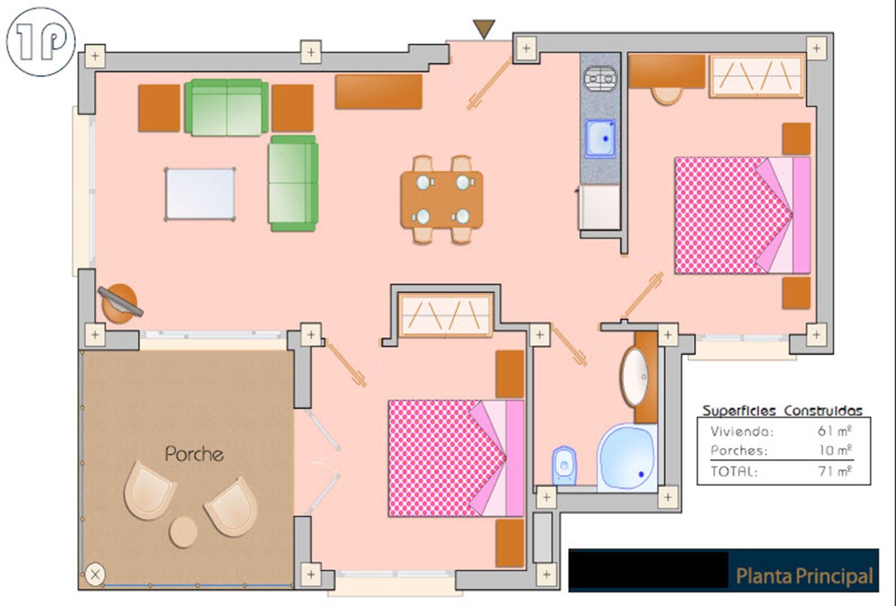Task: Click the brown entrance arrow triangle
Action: click(484, 29)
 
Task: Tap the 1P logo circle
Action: click(41, 41)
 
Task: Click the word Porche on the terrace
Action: click(194, 454)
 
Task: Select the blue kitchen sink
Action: click(600, 138)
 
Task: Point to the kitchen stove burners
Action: click(600, 78)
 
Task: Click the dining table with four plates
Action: click(442, 199)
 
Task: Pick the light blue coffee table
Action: click(199, 194)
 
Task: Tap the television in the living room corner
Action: click(120, 302)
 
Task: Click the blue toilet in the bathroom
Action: click(564, 465)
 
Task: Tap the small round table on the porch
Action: click(183, 532)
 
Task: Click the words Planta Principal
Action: click(804, 576)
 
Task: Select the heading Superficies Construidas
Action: click(782, 411)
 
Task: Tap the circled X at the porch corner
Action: click(95, 575)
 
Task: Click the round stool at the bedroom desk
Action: click(667, 96)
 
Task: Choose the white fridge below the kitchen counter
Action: click(599, 208)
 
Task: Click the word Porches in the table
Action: click(739, 451)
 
